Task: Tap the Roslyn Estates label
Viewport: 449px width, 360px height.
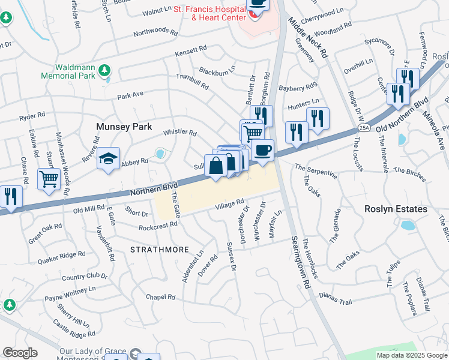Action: pyautogui.click(x=396, y=209)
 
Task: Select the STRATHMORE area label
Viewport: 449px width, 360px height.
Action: pyautogui.click(x=160, y=249)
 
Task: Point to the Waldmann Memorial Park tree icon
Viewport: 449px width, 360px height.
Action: pyautogui.click(x=105, y=70)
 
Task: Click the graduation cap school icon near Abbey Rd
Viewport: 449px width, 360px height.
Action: pyautogui.click(x=108, y=159)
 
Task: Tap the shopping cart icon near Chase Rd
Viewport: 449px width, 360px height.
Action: pyautogui.click(x=49, y=178)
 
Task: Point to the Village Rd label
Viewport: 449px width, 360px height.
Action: pyautogui.click(x=231, y=205)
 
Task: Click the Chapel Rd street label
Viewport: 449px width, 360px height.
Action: pyautogui.click(x=160, y=296)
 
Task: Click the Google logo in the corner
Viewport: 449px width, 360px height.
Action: pyautogui.click(x=19, y=353)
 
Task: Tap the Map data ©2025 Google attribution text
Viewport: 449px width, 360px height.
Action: pyautogui.click(x=411, y=355)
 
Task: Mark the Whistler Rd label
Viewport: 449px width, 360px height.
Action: pyautogui.click(x=180, y=132)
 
